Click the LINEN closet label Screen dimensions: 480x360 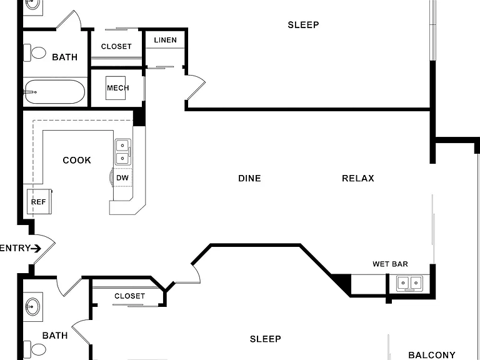point(165,40)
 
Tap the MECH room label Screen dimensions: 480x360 point(118,88)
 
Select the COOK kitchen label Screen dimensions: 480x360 point(77,160)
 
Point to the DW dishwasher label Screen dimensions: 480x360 point(122,178)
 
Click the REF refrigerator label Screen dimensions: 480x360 point(38,202)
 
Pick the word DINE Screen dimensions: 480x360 point(249,178)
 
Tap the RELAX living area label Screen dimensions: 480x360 point(358,178)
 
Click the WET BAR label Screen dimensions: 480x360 point(390,264)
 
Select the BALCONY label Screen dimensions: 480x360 point(432,355)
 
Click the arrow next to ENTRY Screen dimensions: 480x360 point(36,248)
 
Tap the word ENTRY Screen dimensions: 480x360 point(15,248)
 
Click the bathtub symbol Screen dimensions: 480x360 point(54,92)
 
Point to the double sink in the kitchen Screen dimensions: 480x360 point(122,152)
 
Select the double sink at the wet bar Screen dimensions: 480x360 point(409,283)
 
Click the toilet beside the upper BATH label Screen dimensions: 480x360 point(34,52)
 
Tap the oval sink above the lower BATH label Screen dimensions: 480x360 point(32,307)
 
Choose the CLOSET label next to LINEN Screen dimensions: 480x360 point(116,46)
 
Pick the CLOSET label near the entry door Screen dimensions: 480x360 point(129,296)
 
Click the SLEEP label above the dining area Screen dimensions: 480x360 point(303,25)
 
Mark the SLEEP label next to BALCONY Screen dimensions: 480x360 point(266,339)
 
